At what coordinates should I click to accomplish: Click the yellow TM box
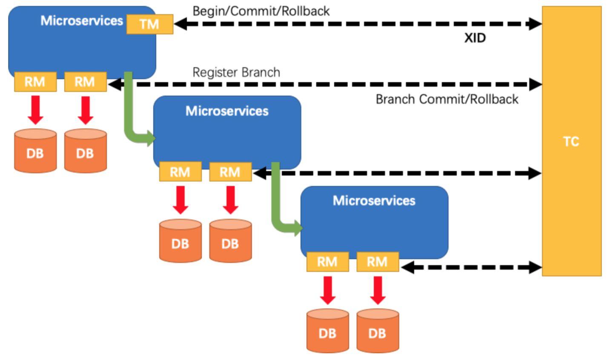(x=150, y=24)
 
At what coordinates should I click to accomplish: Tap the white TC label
(x=571, y=142)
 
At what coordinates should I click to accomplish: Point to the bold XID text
(x=475, y=38)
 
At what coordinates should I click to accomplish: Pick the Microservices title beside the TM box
(x=82, y=20)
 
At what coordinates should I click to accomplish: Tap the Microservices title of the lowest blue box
(x=374, y=200)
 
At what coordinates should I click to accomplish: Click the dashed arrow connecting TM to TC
(x=358, y=24)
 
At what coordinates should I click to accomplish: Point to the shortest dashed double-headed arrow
(x=471, y=267)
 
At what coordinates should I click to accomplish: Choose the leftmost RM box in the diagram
(x=35, y=82)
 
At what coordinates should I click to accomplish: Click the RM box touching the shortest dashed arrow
(x=378, y=262)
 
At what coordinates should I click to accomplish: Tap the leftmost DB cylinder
(x=35, y=151)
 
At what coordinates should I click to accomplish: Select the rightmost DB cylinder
(x=378, y=331)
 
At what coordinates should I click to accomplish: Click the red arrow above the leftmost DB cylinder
(x=35, y=110)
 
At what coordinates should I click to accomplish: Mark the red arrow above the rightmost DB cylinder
(x=378, y=290)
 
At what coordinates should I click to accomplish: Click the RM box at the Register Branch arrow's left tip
(x=86, y=82)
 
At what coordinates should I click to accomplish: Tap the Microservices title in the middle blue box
(x=227, y=111)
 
